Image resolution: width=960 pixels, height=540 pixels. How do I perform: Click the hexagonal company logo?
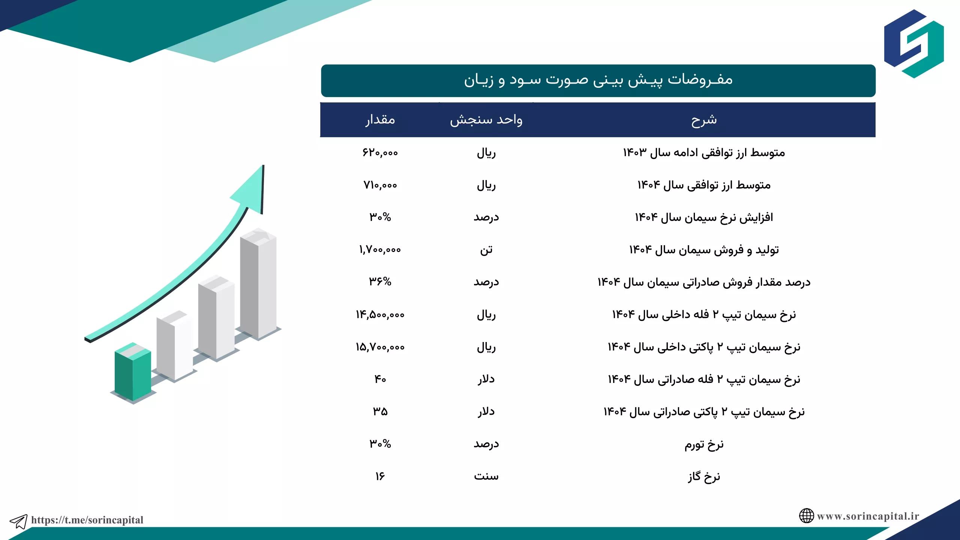(914, 44)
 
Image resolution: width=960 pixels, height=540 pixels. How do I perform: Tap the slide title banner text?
(598, 79)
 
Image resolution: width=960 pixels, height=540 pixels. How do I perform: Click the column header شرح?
(704, 120)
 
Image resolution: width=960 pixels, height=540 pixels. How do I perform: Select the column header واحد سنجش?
(486, 120)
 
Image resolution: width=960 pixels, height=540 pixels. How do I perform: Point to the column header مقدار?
(380, 120)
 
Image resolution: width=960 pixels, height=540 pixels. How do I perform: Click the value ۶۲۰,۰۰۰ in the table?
(380, 153)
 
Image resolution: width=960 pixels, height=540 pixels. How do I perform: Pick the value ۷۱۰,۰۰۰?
(380, 185)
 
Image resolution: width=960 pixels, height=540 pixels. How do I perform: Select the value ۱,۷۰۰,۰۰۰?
(380, 250)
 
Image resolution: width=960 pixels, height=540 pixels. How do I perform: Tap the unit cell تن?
(486, 250)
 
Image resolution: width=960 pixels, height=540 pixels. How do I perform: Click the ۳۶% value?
(380, 282)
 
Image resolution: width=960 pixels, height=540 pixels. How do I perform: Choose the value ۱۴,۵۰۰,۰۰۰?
(380, 315)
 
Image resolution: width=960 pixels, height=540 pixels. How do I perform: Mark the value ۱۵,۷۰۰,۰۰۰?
(380, 347)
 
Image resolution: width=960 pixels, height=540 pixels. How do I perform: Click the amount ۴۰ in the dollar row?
(380, 379)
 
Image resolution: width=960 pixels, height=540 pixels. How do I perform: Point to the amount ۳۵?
(380, 411)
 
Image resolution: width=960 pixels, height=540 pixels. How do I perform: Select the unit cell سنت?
(486, 476)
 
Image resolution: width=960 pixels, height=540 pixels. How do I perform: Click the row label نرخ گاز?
(704, 477)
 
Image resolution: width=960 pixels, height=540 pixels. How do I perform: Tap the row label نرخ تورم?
(704, 444)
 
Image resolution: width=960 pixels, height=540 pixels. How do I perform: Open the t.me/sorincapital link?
(87, 520)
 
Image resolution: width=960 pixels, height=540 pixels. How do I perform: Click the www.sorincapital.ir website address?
(868, 516)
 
